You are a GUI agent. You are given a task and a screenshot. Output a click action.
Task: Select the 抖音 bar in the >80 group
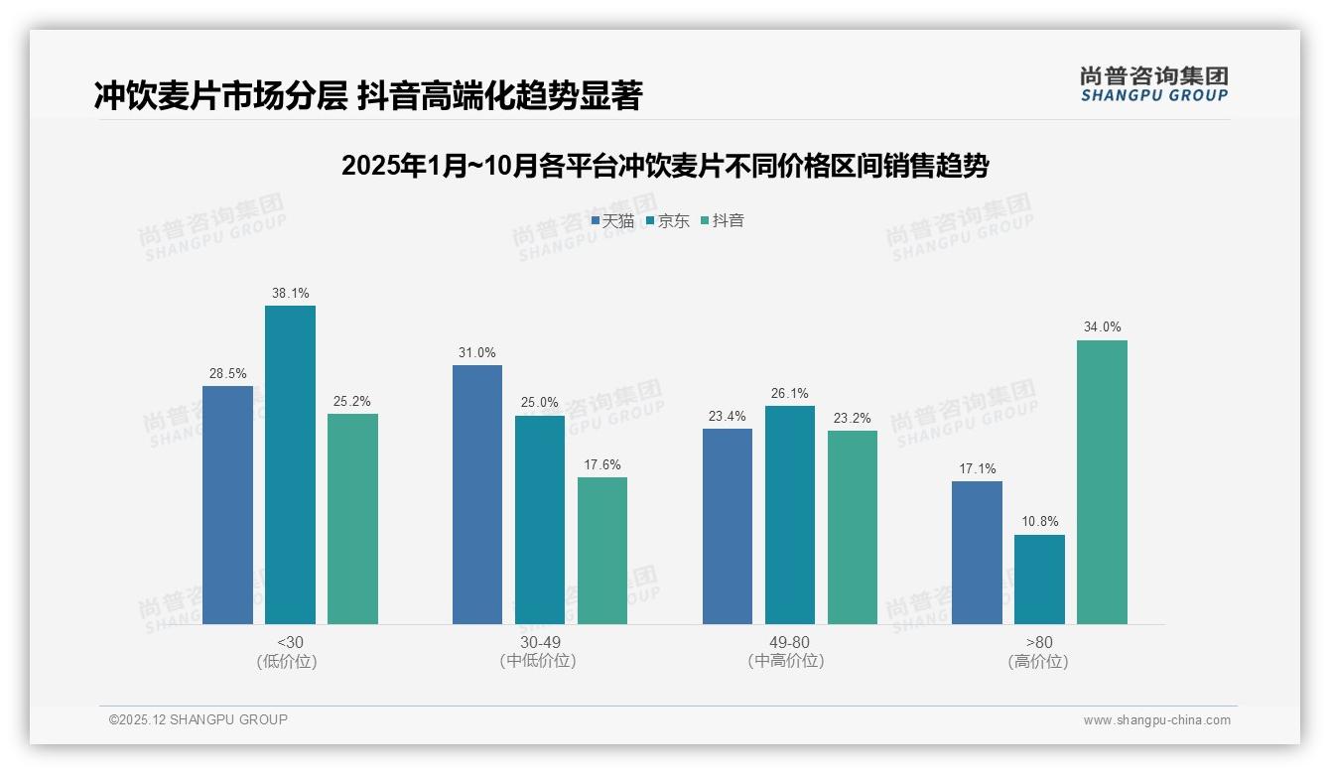pyautogui.click(x=1102, y=482)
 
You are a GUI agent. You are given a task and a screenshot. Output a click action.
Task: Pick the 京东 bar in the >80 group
pyautogui.click(x=1039, y=580)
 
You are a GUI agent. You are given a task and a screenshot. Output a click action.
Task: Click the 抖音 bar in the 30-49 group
pyautogui.click(x=602, y=551)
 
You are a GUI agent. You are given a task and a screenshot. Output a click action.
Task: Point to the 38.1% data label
pyautogui.click(x=290, y=294)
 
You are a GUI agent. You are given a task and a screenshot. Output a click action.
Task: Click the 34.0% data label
pyautogui.click(x=1102, y=327)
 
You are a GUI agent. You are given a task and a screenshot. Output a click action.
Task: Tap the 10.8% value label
pyautogui.click(x=1039, y=522)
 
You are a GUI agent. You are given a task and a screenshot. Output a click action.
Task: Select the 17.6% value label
pyautogui.click(x=602, y=464)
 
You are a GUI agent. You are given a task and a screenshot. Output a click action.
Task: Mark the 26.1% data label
pyautogui.click(x=790, y=394)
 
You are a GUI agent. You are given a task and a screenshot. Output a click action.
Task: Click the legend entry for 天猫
pyautogui.click(x=612, y=221)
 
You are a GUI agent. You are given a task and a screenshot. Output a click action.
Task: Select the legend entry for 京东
pyautogui.click(x=668, y=221)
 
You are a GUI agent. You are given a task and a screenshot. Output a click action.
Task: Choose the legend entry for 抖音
pyautogui.click(x=723, y=221)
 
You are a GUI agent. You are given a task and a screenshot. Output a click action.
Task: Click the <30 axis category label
pyautogui.click(x=290, y=642)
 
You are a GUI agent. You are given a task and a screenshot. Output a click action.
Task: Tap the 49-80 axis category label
pyautogui.click(x=789, y=642)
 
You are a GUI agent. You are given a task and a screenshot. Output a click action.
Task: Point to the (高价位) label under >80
pyautogui.click(x=1039, y=662)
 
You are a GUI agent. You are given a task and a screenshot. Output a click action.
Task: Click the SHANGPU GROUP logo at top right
pyautogui.click(x=1153, y=84)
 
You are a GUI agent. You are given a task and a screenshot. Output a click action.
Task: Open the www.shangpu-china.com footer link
pyautogui.click(x=1156, y=720)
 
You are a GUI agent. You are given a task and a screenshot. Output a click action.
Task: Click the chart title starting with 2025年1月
pyautogui.click(x=664, y=166)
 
